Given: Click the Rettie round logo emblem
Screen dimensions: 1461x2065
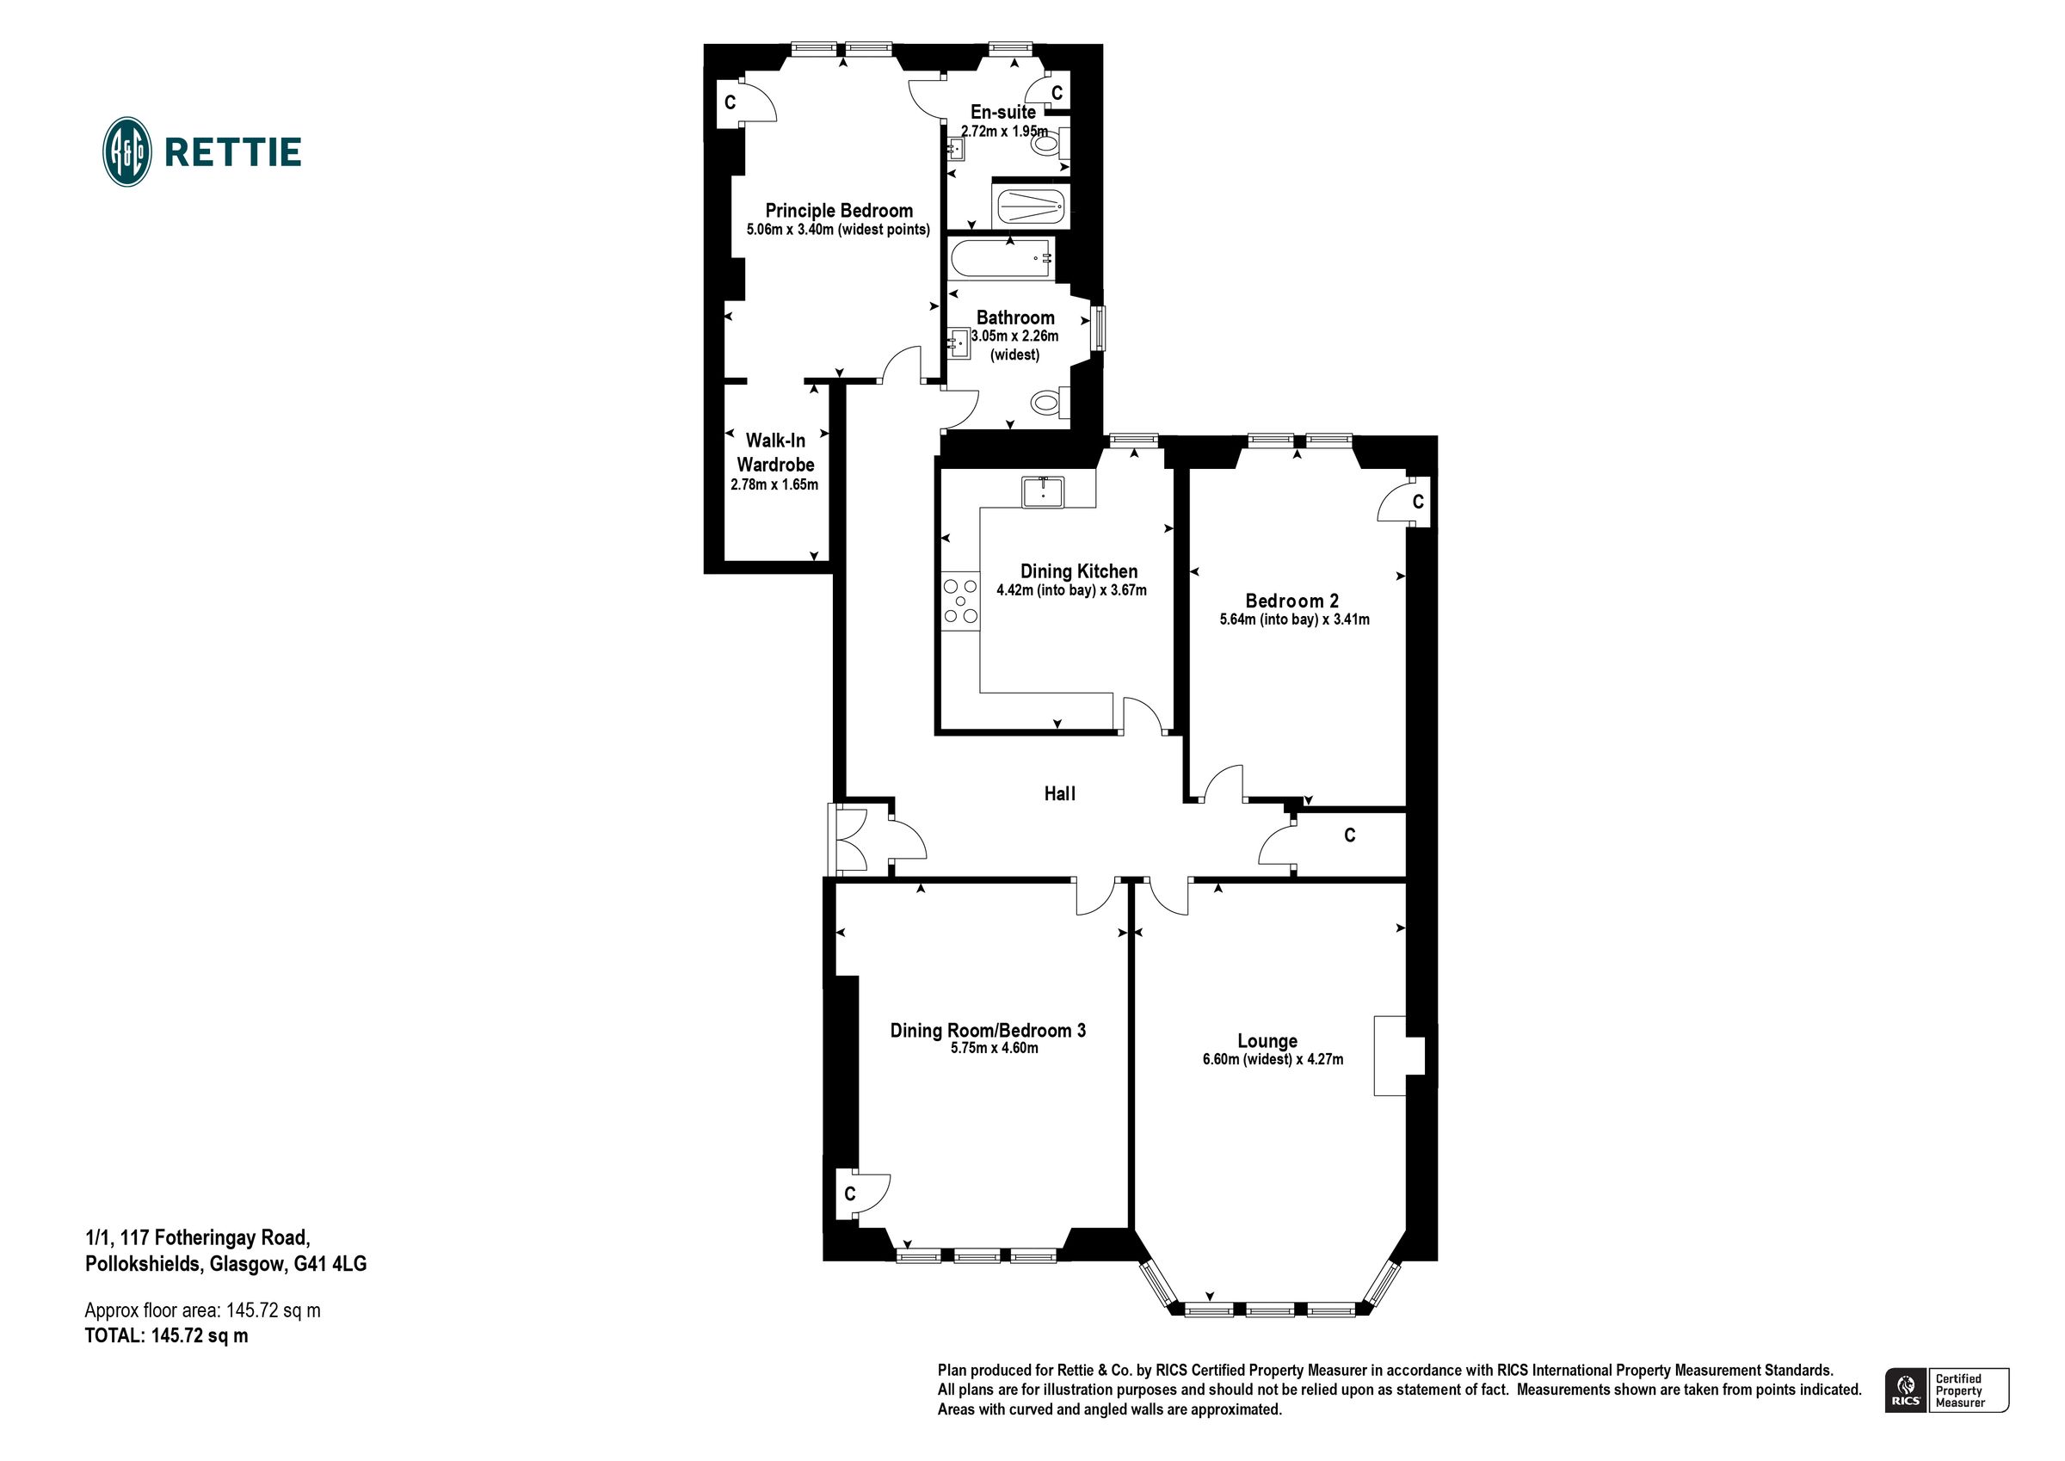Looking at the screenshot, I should (x=126, y=151).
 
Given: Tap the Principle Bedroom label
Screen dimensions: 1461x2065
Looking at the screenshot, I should (x=838, y=211).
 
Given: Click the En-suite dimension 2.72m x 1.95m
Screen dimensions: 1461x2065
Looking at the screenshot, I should (x=1004, y=132).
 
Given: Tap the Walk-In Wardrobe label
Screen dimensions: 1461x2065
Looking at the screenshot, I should (x=775, y=453).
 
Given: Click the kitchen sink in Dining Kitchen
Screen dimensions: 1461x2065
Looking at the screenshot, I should (x=1042, y=492).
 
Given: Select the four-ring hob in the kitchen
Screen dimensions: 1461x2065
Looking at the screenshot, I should (x=959, y=601).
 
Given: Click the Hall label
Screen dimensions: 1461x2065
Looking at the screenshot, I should (x=1059, y=793).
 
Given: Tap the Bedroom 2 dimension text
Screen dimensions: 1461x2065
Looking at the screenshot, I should (x=1293, y=620).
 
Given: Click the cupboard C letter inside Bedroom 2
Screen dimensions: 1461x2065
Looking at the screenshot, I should (x=1417, y=502).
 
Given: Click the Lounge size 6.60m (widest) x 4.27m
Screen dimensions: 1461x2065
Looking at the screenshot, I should (x=1272, y=1060).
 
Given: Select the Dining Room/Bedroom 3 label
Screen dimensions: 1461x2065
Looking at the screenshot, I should (x=988, y=1030).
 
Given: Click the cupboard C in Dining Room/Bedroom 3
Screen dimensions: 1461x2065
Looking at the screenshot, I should (x=849, y=1193).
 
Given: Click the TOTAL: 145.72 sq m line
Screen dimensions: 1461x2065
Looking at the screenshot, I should (x=166, y=1336).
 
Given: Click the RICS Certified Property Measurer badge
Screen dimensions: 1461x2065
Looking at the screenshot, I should (x=1946, y=1390).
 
